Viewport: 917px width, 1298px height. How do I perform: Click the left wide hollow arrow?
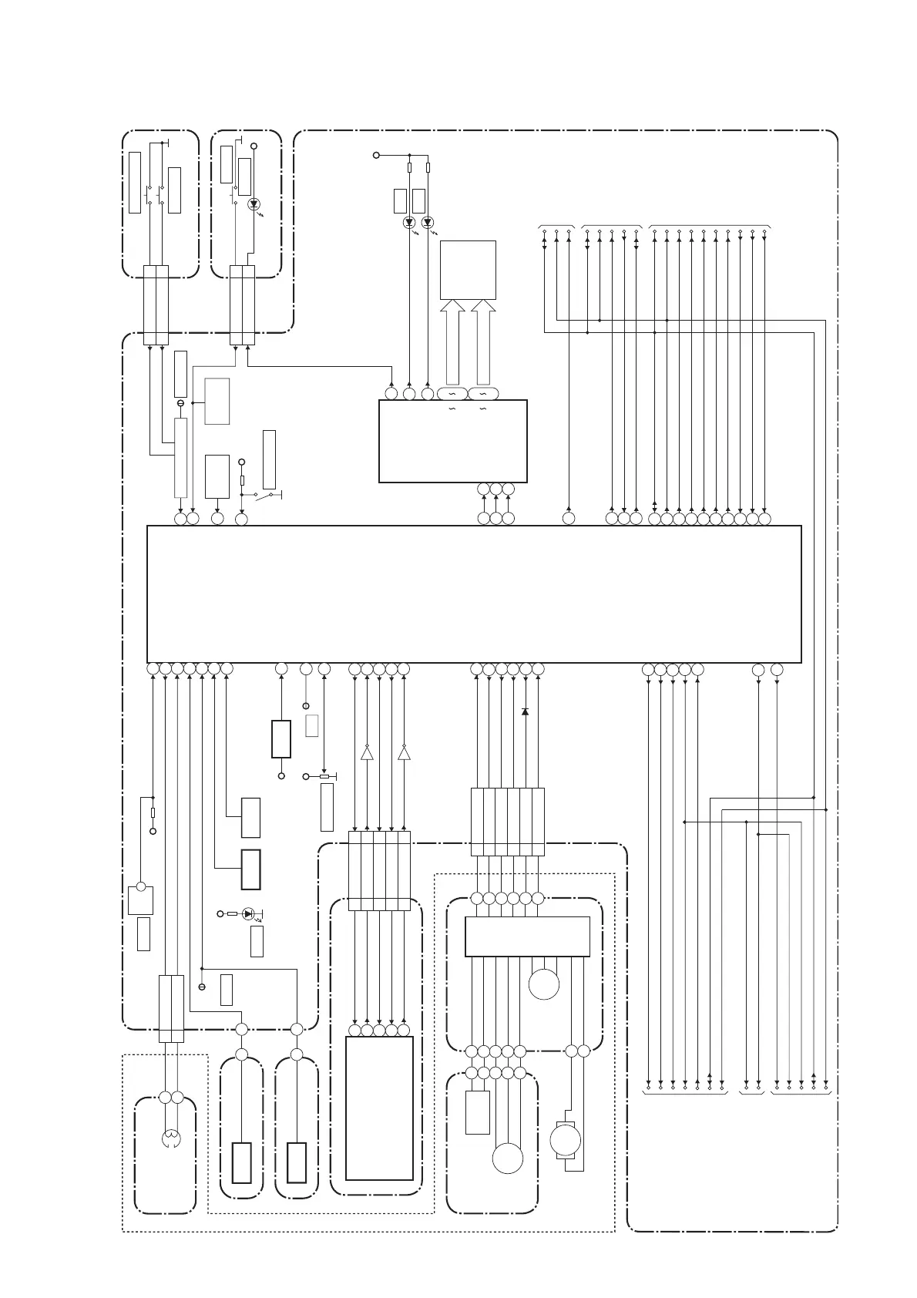[x=453, y=343]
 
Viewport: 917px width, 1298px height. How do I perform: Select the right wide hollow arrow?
[x=483, y=343]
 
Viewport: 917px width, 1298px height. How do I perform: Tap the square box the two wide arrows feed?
[x=468, y=270]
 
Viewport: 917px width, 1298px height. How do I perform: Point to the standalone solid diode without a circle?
[x=525, y=711]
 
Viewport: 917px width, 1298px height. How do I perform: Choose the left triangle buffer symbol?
[x=367, y=753]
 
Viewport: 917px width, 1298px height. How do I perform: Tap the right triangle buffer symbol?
[x=404, y=753]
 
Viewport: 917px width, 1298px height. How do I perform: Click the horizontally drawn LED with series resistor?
[x=247, y=913]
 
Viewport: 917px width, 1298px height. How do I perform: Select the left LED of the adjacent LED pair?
[x=409, y=223]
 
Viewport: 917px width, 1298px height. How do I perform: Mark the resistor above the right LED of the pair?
[x=428, y=167]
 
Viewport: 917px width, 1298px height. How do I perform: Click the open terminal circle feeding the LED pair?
[x=376, y=155]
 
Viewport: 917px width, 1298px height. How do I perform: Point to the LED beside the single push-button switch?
[x=254, y=205]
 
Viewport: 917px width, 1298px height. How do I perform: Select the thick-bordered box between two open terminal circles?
[x=281, y=739]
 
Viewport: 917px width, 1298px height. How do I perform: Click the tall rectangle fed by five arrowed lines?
[x=379, y=1108]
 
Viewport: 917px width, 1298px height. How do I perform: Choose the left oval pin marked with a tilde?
[x=452, y=394]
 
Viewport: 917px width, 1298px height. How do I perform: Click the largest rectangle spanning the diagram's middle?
[x=474, y=594]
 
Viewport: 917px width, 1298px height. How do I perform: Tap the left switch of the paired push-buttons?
[x=148, y=195]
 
